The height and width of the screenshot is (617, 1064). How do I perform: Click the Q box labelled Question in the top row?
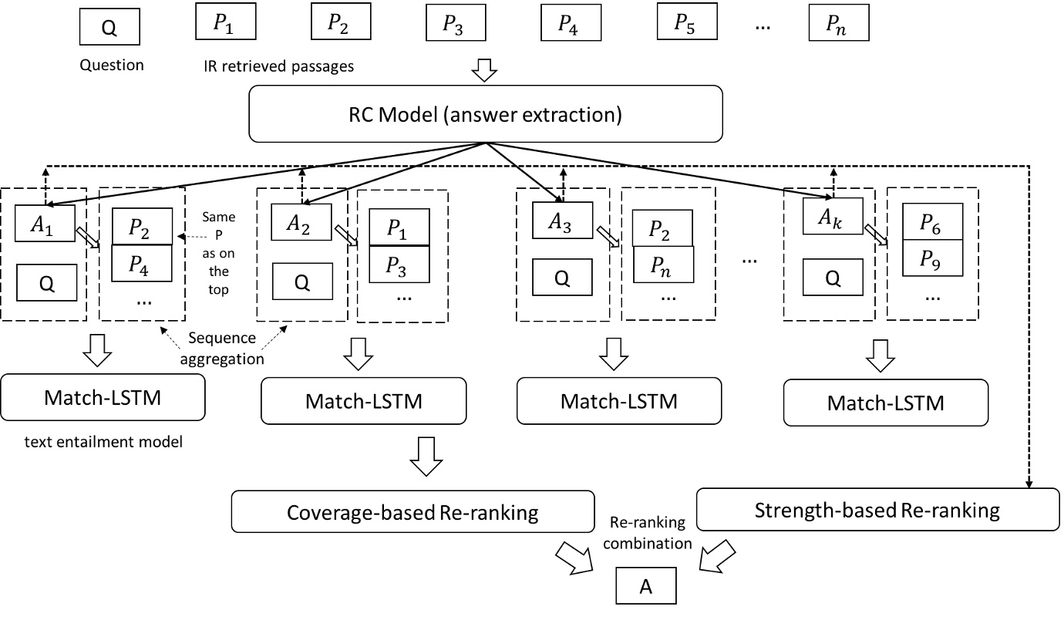click(x=109, y=28)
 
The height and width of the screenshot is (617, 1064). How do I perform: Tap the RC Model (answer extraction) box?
click(x=485, y=113)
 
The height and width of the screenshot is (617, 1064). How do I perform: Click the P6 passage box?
click(x=932, y=221)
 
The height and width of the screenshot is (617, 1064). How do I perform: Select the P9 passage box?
click(x=932, y=258)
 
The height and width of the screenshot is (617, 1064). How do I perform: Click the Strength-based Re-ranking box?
click(x=877, y=510)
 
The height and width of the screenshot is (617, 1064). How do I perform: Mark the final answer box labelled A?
click(x=645, y=587)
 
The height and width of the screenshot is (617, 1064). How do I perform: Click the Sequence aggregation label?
click(x=223, y=347)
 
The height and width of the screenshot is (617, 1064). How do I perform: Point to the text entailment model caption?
click(x=96, y=442)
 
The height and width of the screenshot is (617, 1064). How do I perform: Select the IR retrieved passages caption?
click(x=275, y=66)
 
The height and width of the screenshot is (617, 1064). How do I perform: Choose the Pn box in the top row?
click(x=838, y=23)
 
